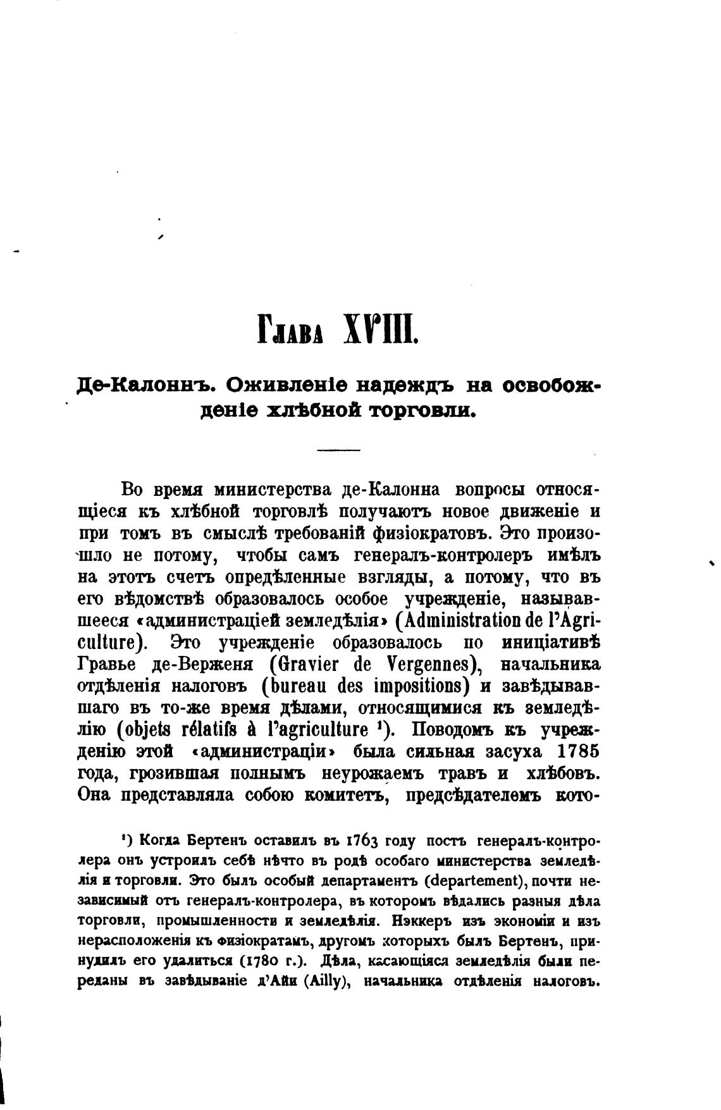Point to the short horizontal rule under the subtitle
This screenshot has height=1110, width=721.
tap(338, 450)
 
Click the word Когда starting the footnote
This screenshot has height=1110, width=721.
tap(161, 841)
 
